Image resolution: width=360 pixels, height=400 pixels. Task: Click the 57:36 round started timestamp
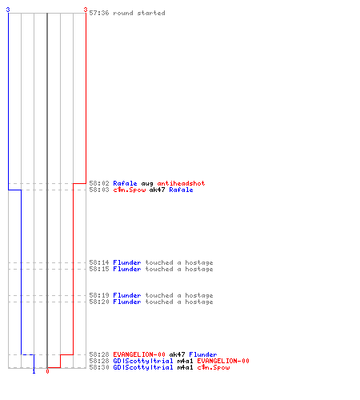click(x=99, y=13)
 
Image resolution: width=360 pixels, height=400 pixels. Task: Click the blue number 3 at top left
click(x=8, y=10)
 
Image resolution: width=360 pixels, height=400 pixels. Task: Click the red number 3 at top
click(x=86, y=10)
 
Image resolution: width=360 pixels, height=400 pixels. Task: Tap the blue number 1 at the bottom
click(x=34, y=371)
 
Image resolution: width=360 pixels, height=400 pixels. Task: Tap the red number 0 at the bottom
click(x=47, y=371)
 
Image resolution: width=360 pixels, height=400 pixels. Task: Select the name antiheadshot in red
click(x=181, y=183)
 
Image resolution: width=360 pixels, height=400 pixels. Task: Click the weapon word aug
click(x=147, y=183)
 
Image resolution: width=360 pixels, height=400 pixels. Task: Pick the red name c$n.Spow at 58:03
click(x=130, y=190)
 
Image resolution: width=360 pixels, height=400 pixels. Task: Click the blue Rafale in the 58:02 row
click(x=125, y=183)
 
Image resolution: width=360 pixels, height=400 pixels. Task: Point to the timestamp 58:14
click(x=99, y=262)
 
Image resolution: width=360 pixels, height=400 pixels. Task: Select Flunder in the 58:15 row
click(x=127, y=269)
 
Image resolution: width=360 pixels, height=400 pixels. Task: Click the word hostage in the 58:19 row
click(x=199, y=295)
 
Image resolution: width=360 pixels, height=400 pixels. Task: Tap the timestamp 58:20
click(x=99, y=302)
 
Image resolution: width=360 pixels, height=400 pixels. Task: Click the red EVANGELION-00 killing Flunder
click(x=139, y=354)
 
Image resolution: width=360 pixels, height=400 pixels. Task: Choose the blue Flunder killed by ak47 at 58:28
click(x=203, y=354)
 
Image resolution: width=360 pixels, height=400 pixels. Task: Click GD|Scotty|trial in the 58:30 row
click(x=143, y=367)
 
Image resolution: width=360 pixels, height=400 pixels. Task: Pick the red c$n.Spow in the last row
click(x=214, y=367)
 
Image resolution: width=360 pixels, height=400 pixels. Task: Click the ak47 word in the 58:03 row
click(x=157, y=190)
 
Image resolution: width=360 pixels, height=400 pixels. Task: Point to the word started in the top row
click(x=151, y=13)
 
